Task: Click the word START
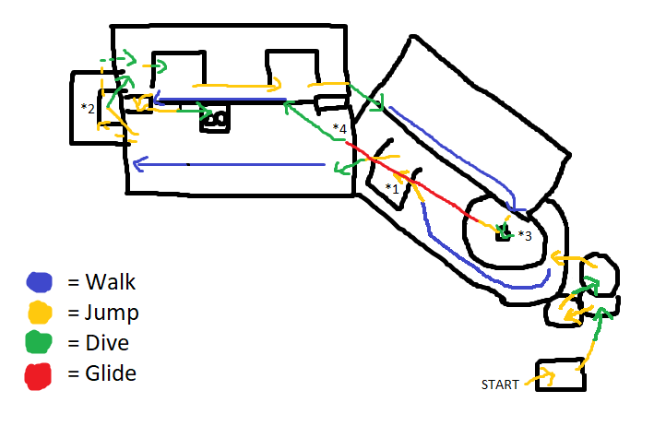pyautogui.click(x=499, y=384)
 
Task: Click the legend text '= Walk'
pyautogui.click(x=101, y=281)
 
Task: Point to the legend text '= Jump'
pyautogui.click(x=103, y=313)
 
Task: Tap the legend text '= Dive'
pyautogui.click(x=99, y=343)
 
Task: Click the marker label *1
pyautogui.click(x=393, y=188)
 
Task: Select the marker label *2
pyautogui.click(x=88, y=109)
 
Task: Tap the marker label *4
pyautogui.click(x=340, y=129)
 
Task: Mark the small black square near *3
pyautogui.click(x=503, y=235)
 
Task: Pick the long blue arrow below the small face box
pyautogui.click(x=231, y=165)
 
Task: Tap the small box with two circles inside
pyautogui.click(x=215, y=120)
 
